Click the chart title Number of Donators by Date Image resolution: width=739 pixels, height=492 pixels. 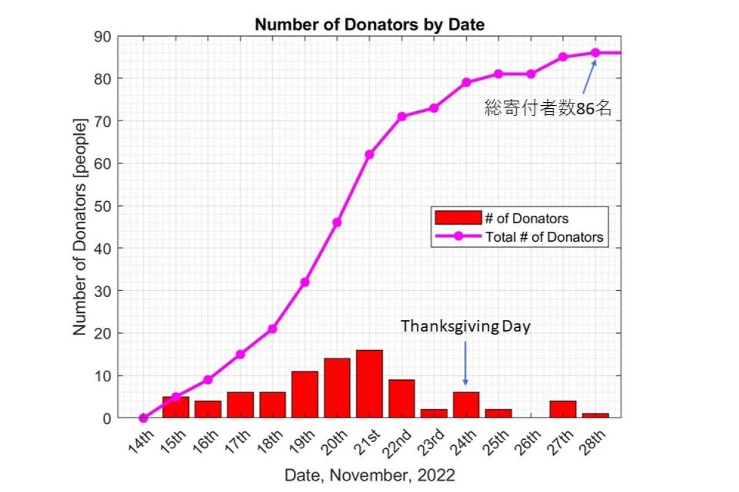tap(369, 25)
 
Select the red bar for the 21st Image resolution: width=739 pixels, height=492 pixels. tap(369, 384)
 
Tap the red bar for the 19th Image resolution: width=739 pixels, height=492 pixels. tap(305, 395)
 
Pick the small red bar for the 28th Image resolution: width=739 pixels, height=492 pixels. tap(595, 416)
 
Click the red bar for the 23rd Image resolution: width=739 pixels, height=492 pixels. tap(434, 413)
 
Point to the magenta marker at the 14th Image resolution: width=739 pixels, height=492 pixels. tap(143, 418)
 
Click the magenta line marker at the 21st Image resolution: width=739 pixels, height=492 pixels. tap(369, 154)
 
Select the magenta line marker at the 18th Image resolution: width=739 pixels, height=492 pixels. tap(272, 328)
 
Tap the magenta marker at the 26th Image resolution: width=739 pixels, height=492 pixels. tap(530, 74)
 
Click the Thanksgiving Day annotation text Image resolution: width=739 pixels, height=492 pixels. tap(465, 327)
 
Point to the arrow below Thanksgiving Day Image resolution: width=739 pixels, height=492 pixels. tap(465, 363)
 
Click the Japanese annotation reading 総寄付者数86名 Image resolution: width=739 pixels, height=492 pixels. tap(547, 109)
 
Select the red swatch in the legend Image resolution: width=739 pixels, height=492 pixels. tap(457, 218)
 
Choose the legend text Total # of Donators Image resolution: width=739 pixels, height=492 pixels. tap(544, 236)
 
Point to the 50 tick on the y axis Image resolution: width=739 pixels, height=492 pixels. tap(103, 206)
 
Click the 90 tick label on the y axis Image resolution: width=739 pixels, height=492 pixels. tap(103, 37)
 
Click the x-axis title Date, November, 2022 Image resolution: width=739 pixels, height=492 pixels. tap(369, 475)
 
